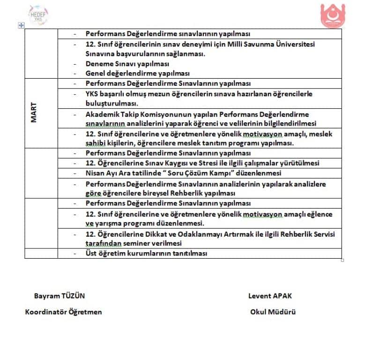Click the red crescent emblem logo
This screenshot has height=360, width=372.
[333, 15]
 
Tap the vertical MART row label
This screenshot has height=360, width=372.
[34, 113]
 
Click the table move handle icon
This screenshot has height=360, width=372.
[21, 25]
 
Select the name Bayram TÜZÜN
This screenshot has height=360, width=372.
[60, 296]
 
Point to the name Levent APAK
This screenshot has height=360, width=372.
[270, 296]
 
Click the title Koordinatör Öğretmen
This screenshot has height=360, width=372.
[63, 312]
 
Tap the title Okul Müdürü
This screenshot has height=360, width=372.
[273, 312]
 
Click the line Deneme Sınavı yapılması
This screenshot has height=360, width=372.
[127, 64]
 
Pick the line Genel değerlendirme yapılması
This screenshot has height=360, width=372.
[137, 74]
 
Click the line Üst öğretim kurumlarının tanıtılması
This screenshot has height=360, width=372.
[146, 253]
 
